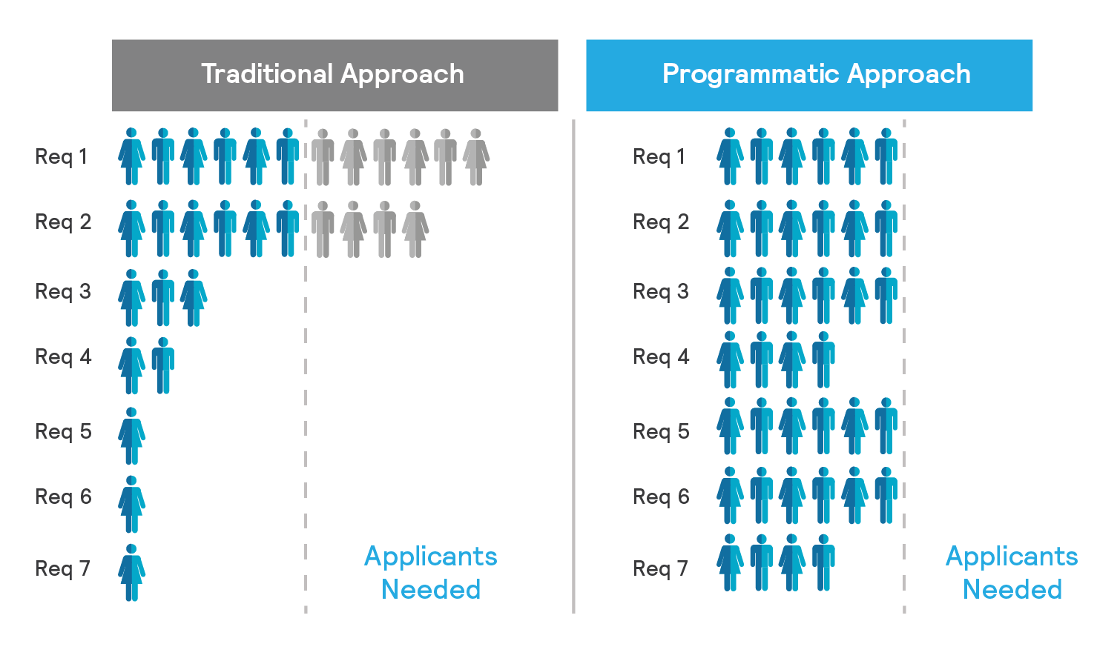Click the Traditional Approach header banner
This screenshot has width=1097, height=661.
335,75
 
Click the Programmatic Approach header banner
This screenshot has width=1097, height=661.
808,75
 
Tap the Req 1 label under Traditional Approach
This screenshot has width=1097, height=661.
62,157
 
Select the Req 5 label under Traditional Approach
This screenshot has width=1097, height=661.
63,431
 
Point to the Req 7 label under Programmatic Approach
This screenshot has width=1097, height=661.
660,568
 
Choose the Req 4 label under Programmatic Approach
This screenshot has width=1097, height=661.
661,356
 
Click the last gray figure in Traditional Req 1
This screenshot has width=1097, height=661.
476,157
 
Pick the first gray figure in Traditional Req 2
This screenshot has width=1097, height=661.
323,229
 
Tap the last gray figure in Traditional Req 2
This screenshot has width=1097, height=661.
415,229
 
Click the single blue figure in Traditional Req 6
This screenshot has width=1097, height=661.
132,505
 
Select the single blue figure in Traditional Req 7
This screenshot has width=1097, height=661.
132,573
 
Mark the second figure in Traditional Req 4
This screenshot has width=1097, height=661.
163,366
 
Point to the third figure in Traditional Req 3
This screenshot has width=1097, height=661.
194,298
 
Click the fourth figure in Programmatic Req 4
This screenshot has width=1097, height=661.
823,359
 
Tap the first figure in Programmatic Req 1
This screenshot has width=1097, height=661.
730,157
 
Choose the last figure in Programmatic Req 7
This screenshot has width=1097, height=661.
823,562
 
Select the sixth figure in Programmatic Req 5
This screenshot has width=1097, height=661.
886,426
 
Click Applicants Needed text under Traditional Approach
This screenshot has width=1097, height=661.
431,573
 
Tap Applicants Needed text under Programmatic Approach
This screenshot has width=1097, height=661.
1012,573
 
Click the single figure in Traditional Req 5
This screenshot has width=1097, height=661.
132,436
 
